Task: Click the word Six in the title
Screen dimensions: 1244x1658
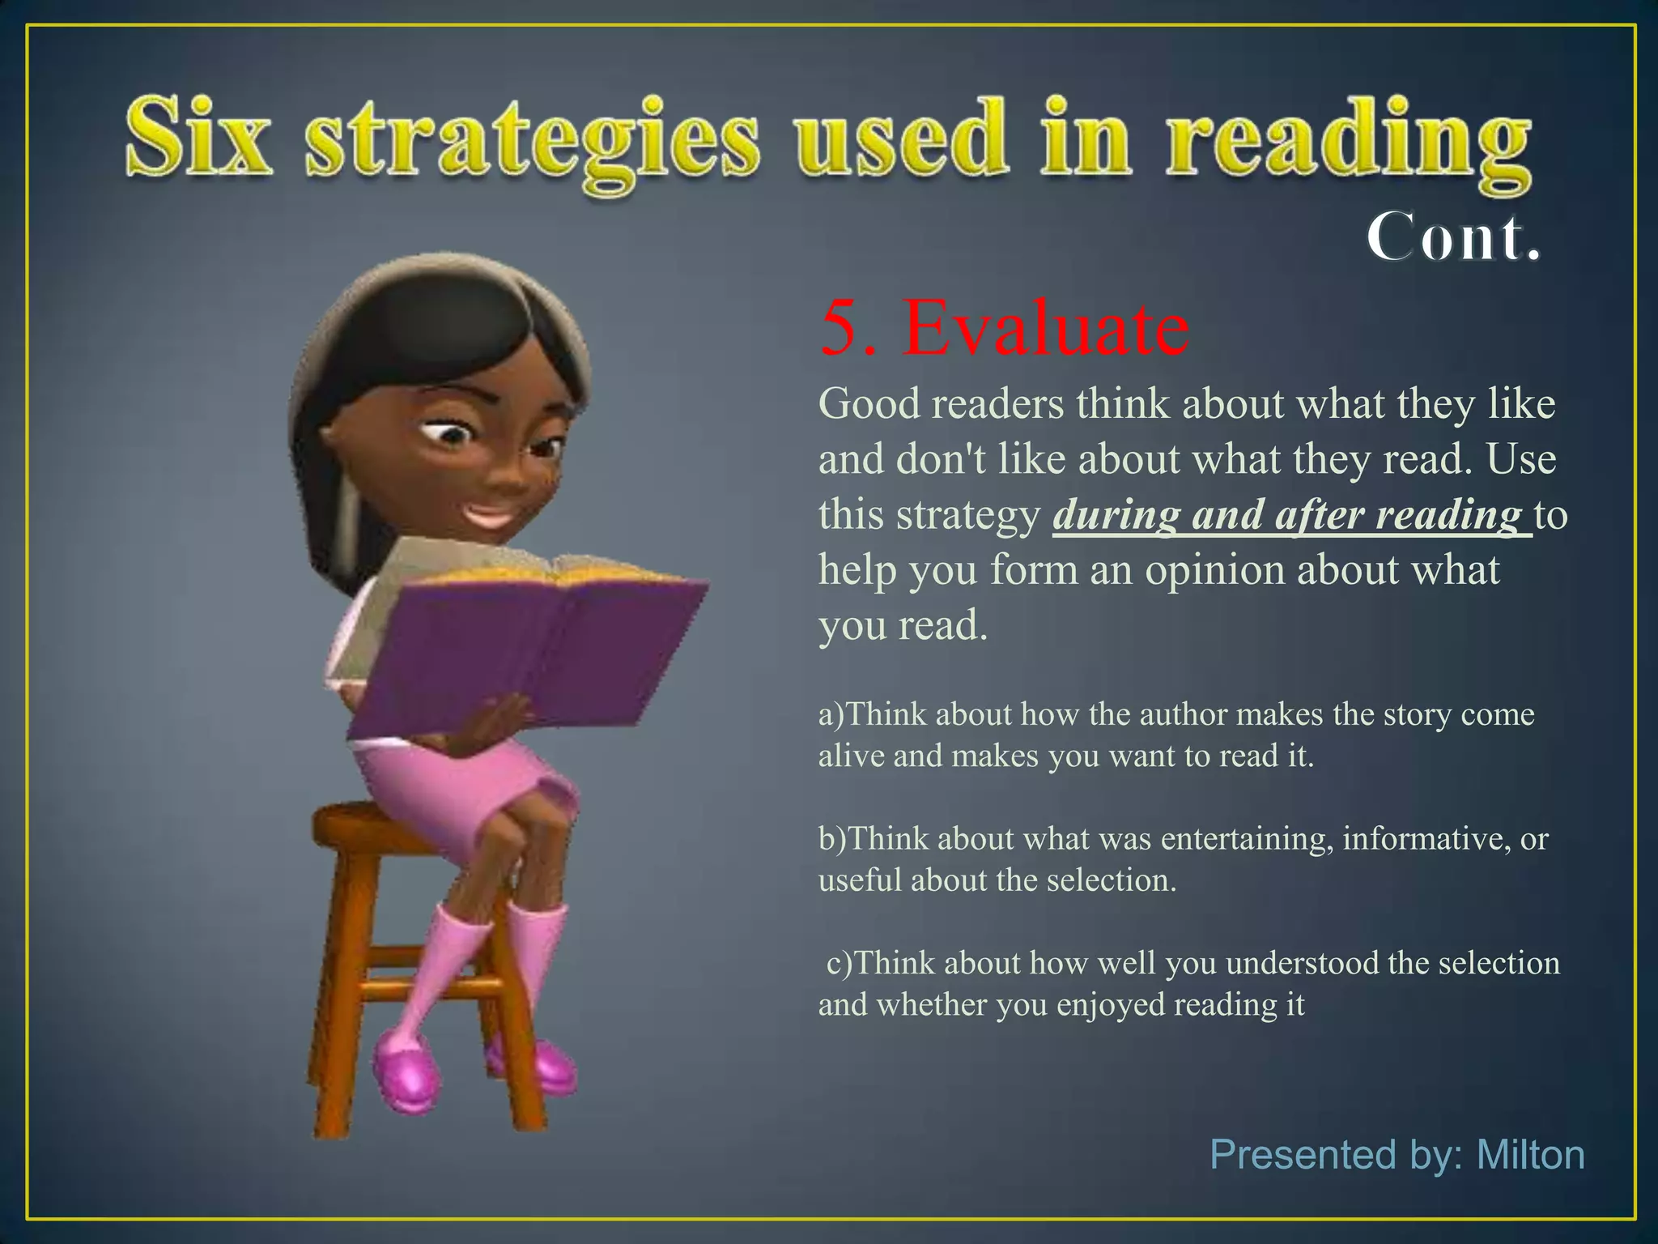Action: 198,136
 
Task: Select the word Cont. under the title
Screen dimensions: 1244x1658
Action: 1453,237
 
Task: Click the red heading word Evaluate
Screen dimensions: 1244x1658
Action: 1045,329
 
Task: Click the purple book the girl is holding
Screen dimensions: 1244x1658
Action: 518,648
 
